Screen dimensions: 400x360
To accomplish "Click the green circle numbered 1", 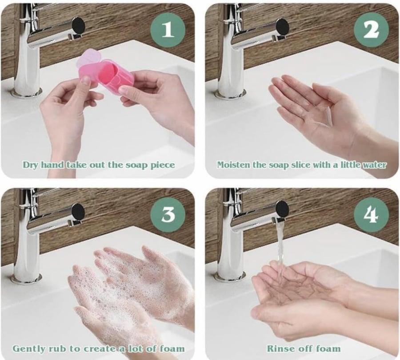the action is pos(168,30).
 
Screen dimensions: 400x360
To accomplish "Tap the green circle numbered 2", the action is pos(371,30).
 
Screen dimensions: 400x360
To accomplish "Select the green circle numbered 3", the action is pos(168,214).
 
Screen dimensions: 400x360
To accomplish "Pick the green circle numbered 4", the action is pos(371,214).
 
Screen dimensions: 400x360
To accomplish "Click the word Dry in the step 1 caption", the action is pos(31,165).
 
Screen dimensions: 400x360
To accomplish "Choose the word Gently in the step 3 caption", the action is pos(27,349).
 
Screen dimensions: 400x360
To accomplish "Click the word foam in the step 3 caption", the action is pos(172,348).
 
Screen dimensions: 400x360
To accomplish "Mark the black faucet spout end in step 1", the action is pos(78,25).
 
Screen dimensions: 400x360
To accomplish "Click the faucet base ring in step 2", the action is pos(230,94).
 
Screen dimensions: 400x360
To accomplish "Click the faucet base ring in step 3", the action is pos(27,278).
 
